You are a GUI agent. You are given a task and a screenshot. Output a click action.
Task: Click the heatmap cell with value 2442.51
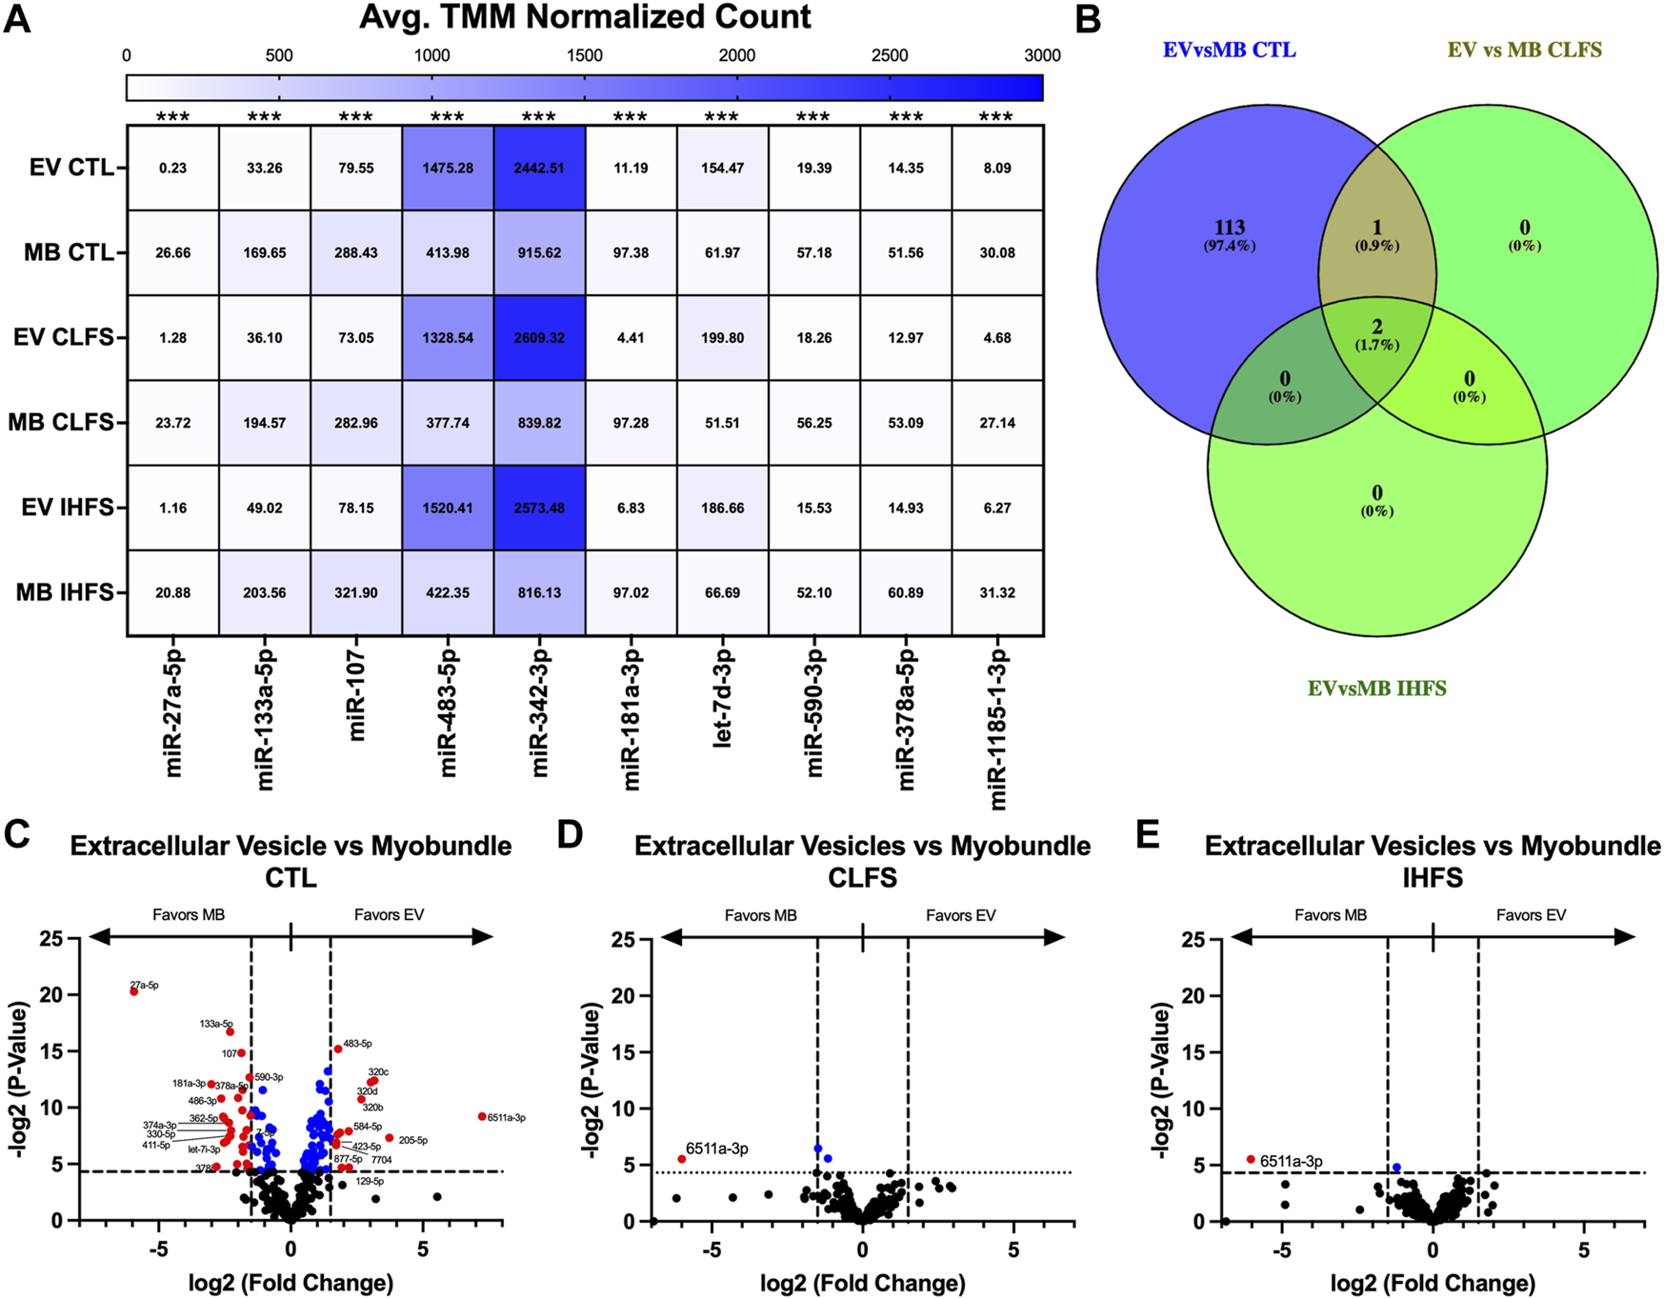coord(539,168)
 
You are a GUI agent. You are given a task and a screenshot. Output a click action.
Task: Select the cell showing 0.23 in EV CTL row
coord(172,168)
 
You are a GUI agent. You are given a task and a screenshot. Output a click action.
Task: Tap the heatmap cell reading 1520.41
coord(447,508)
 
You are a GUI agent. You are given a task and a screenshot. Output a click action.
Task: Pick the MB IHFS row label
coord(65,592)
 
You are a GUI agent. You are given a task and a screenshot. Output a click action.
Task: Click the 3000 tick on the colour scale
coord(1042,55)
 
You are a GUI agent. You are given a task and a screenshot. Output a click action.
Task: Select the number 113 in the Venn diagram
coord(1230,228)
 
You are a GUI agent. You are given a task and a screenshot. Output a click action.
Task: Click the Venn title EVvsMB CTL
coord(1229,50)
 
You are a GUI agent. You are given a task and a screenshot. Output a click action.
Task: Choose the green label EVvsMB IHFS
coord(1377,688)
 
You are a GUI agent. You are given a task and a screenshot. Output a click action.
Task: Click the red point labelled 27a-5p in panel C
coord(134,991)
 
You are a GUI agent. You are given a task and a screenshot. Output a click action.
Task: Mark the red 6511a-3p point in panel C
coord(482,1116)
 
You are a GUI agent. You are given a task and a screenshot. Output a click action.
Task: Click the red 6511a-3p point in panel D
coord(682,1159)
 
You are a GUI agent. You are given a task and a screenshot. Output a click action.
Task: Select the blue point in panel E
coord(1396,1167)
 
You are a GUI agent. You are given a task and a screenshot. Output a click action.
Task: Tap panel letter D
coord(570,834)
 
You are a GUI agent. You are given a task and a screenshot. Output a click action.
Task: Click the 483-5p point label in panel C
coord(357,1044)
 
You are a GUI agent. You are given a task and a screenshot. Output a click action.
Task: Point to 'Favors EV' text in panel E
coord(1531,915)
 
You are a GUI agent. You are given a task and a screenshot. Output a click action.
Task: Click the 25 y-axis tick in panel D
coord(622,939)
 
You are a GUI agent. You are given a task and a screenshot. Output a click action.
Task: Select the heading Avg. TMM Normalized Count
coord(585,17)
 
